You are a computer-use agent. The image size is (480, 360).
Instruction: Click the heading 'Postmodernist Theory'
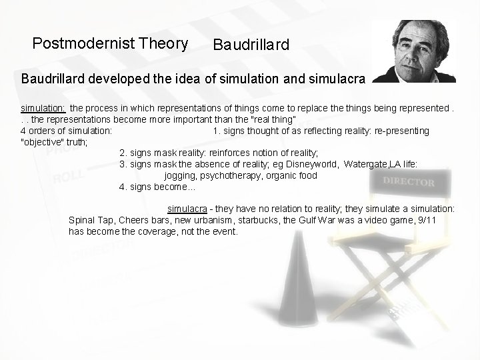[110, 45]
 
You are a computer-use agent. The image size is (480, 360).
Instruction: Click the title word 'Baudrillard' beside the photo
[251, 45]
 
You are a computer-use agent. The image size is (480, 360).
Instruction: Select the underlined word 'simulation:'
[43, 107]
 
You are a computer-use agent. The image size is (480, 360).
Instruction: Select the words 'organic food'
[291, 175]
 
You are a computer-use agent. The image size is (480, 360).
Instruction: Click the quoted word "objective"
[44, 141]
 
